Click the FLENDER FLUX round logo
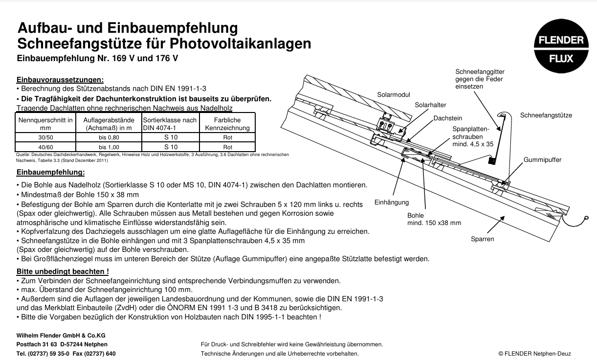561,49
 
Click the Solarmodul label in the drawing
393,94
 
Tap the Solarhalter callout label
430,105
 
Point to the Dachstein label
447,118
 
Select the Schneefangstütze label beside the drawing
546,115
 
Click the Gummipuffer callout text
542,160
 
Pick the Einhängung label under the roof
391,202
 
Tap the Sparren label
482,239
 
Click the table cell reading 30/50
45,137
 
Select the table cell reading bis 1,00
109,147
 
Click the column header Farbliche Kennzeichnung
227,124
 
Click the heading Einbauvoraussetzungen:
60,80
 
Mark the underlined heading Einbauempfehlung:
50,172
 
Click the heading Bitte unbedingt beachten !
63,271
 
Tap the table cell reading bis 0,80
109,137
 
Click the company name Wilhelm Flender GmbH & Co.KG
61,336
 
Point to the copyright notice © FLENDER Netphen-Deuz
534,354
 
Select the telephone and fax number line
66,354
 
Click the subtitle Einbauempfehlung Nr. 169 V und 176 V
97,59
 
